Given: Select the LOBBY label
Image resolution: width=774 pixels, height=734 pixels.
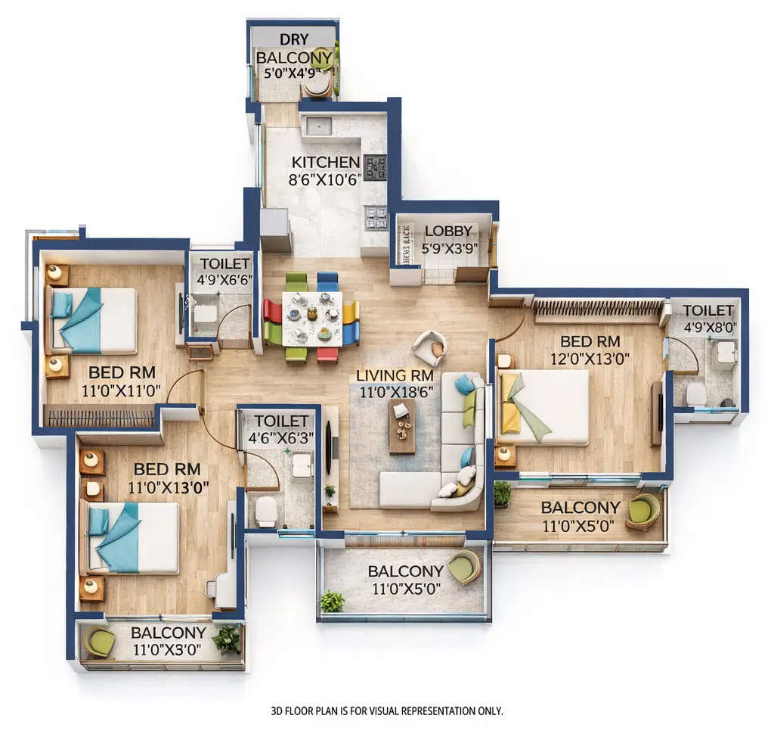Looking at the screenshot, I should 447,231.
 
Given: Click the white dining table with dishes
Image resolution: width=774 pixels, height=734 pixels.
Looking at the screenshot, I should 311,318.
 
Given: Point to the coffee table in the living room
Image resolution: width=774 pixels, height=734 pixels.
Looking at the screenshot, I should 402,425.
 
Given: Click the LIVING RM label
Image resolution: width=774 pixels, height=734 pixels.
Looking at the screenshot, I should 395,375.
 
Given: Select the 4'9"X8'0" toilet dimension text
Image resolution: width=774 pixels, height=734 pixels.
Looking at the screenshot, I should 708,328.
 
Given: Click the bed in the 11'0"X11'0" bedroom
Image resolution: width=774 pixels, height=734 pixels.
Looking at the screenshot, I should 94,319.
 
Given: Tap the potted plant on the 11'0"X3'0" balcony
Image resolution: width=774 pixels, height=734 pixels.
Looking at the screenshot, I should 226,639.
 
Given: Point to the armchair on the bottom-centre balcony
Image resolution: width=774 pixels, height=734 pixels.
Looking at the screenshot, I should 463,567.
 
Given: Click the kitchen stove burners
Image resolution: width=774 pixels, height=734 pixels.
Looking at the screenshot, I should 375,167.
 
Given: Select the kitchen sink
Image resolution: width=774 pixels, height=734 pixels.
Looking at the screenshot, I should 317,126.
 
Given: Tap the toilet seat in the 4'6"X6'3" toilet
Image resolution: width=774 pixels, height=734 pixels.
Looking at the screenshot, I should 266,512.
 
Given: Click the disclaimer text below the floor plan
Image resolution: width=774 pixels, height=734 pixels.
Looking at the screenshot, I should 386,711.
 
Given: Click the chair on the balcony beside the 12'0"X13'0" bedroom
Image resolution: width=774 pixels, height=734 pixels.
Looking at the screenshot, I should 642,511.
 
